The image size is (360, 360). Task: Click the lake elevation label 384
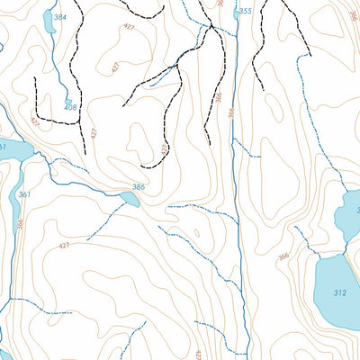(x=59, y=17)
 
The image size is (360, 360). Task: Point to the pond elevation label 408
(x=70, y=109)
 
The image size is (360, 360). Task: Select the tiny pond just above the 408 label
(x=68, y=101)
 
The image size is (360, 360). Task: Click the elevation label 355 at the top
(x=246, y=12)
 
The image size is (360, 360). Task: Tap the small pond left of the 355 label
(x=236, y=13)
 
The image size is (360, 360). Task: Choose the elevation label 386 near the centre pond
(x=138, y=187)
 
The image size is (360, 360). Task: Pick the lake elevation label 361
(x=24, y=195)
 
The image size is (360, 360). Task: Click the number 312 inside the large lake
(x=339, y=293)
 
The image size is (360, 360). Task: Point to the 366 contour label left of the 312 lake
(x=283, y=257)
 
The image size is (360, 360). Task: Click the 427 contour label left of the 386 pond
(x=64, y=246)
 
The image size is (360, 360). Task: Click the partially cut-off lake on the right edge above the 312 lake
(x=350, y=214)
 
